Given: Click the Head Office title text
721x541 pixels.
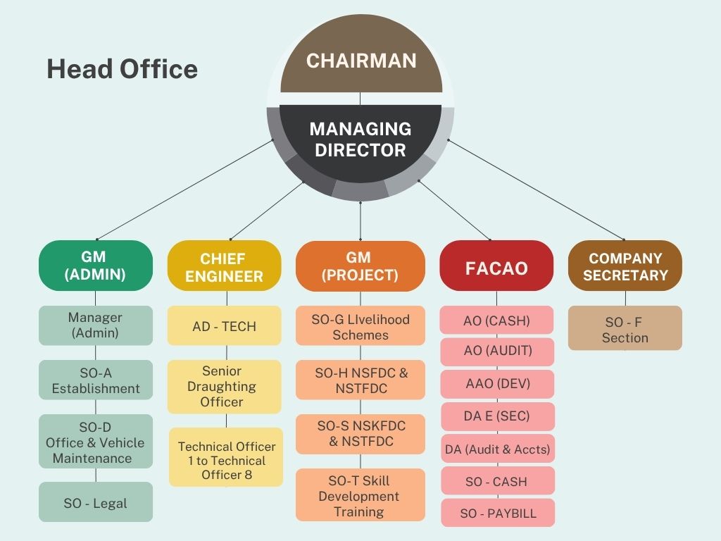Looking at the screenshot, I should coord(122,69).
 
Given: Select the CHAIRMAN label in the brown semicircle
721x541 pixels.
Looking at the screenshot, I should coord(360,61).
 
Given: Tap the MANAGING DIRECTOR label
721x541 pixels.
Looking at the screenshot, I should coord(360,139).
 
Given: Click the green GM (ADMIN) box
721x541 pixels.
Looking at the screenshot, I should coord(95,266).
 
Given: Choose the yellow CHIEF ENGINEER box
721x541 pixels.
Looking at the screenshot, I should coord(224,267).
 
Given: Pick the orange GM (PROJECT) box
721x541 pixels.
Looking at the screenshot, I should coord(360,266).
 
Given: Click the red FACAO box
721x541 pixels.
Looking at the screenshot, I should coord(496,267).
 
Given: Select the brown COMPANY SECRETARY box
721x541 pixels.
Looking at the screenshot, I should coord(625,266).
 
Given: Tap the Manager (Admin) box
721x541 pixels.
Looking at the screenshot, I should coord(95,325).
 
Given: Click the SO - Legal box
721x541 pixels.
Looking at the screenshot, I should coord(95,502).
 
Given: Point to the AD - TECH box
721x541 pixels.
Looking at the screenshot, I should coord(224,326).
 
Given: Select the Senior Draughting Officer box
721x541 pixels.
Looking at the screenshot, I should coord(224,386).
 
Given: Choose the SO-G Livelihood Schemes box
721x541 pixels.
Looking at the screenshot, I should coord(360,326).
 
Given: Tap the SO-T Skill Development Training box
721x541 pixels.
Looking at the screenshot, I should coord(360,496).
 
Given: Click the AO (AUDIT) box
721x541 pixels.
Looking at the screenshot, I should coord(497,351).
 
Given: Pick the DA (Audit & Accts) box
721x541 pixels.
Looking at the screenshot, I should coord(497,449).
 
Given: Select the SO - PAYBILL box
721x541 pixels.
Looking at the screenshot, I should coord(498,513).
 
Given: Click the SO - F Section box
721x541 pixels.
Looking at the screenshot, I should coord(625,329).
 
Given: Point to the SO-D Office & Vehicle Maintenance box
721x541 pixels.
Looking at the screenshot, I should coord(95,442).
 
